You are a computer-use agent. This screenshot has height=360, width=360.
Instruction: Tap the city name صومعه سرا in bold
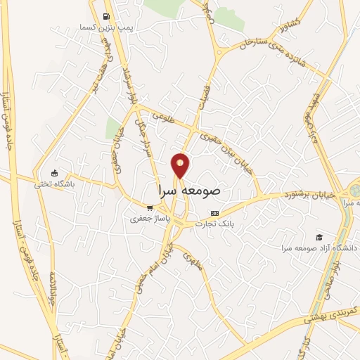[186, 190]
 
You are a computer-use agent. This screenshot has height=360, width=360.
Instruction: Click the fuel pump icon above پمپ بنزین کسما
[105, 16]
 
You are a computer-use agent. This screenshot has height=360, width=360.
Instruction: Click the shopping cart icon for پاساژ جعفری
[149, 207]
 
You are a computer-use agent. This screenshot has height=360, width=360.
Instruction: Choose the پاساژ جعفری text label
[146, 219]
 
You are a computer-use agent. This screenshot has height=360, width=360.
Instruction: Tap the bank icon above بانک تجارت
[215, 213]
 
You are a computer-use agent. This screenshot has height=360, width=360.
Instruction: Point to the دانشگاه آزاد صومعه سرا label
[319, 248]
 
